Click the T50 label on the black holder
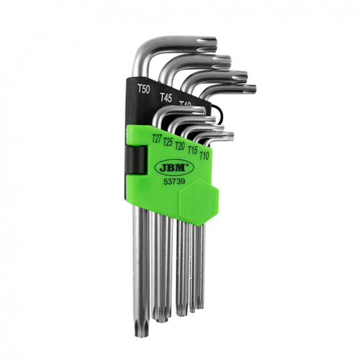tap(144, 90)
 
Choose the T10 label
tap(204, 154)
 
